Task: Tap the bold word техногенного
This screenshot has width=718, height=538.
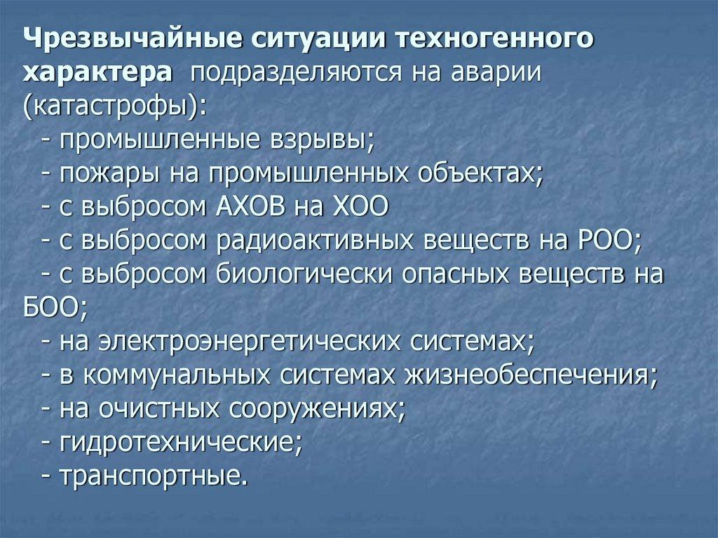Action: tap(496, 39)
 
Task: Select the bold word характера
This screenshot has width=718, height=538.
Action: tap(95, 73)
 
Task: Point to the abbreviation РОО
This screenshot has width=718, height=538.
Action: tap(606, 242)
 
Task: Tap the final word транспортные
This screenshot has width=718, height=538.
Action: tap(154, 478)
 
